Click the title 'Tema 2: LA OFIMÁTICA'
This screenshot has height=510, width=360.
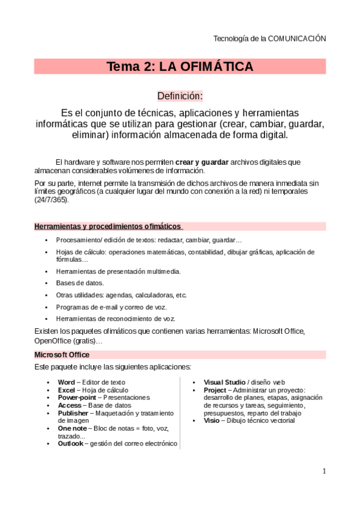pos(180,67)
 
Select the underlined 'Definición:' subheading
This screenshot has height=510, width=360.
pos(180,96)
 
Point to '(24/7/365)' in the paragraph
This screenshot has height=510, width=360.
pos(52,199)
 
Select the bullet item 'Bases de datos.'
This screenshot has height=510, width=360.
pos(80,283)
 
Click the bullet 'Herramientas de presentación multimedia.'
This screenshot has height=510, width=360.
pos(118,271)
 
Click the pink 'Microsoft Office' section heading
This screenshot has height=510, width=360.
pos(62,355)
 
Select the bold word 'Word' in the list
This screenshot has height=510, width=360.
pos(66,382)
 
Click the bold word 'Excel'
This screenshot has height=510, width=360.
pos(66,390)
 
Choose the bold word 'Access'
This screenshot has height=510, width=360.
pos(69,405)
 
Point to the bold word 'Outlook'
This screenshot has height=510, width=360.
pos(70,444)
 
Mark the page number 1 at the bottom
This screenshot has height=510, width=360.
pos(324,471)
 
